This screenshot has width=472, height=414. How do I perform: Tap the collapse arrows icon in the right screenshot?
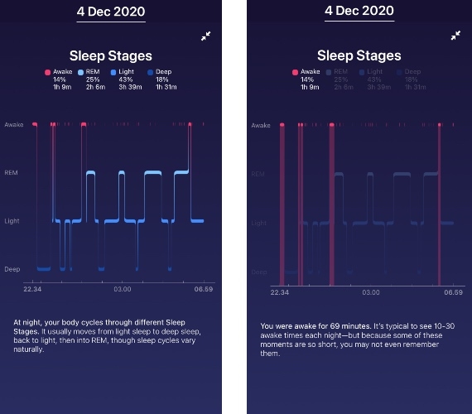[x=455, y=36]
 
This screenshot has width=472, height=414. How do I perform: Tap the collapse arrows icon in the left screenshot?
[x=205, y=36]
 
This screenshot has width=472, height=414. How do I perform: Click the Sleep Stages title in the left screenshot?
[x=110, y=56]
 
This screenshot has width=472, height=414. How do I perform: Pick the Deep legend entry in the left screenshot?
[x=161, y=72]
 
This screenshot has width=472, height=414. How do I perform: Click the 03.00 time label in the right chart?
[x=370, y=292]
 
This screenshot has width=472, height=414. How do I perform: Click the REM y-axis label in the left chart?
[x=12, y=173]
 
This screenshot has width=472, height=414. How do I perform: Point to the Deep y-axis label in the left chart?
[x=12, y=269]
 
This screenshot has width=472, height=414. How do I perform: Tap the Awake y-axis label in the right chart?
[x=260, y=126]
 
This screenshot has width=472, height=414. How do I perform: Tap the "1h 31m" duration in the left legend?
[x=165, y=87]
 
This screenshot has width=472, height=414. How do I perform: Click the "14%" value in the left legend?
[x=60, y=79]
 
